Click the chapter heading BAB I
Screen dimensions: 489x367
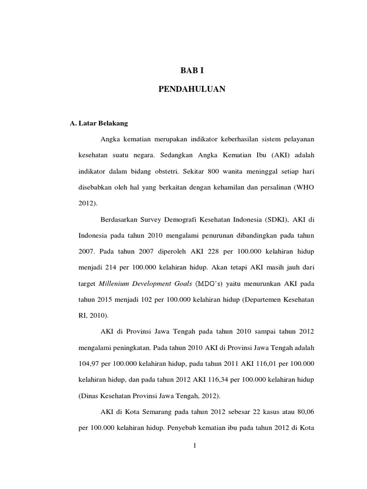191,71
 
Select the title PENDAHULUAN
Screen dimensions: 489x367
191,89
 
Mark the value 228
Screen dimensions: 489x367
211,251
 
